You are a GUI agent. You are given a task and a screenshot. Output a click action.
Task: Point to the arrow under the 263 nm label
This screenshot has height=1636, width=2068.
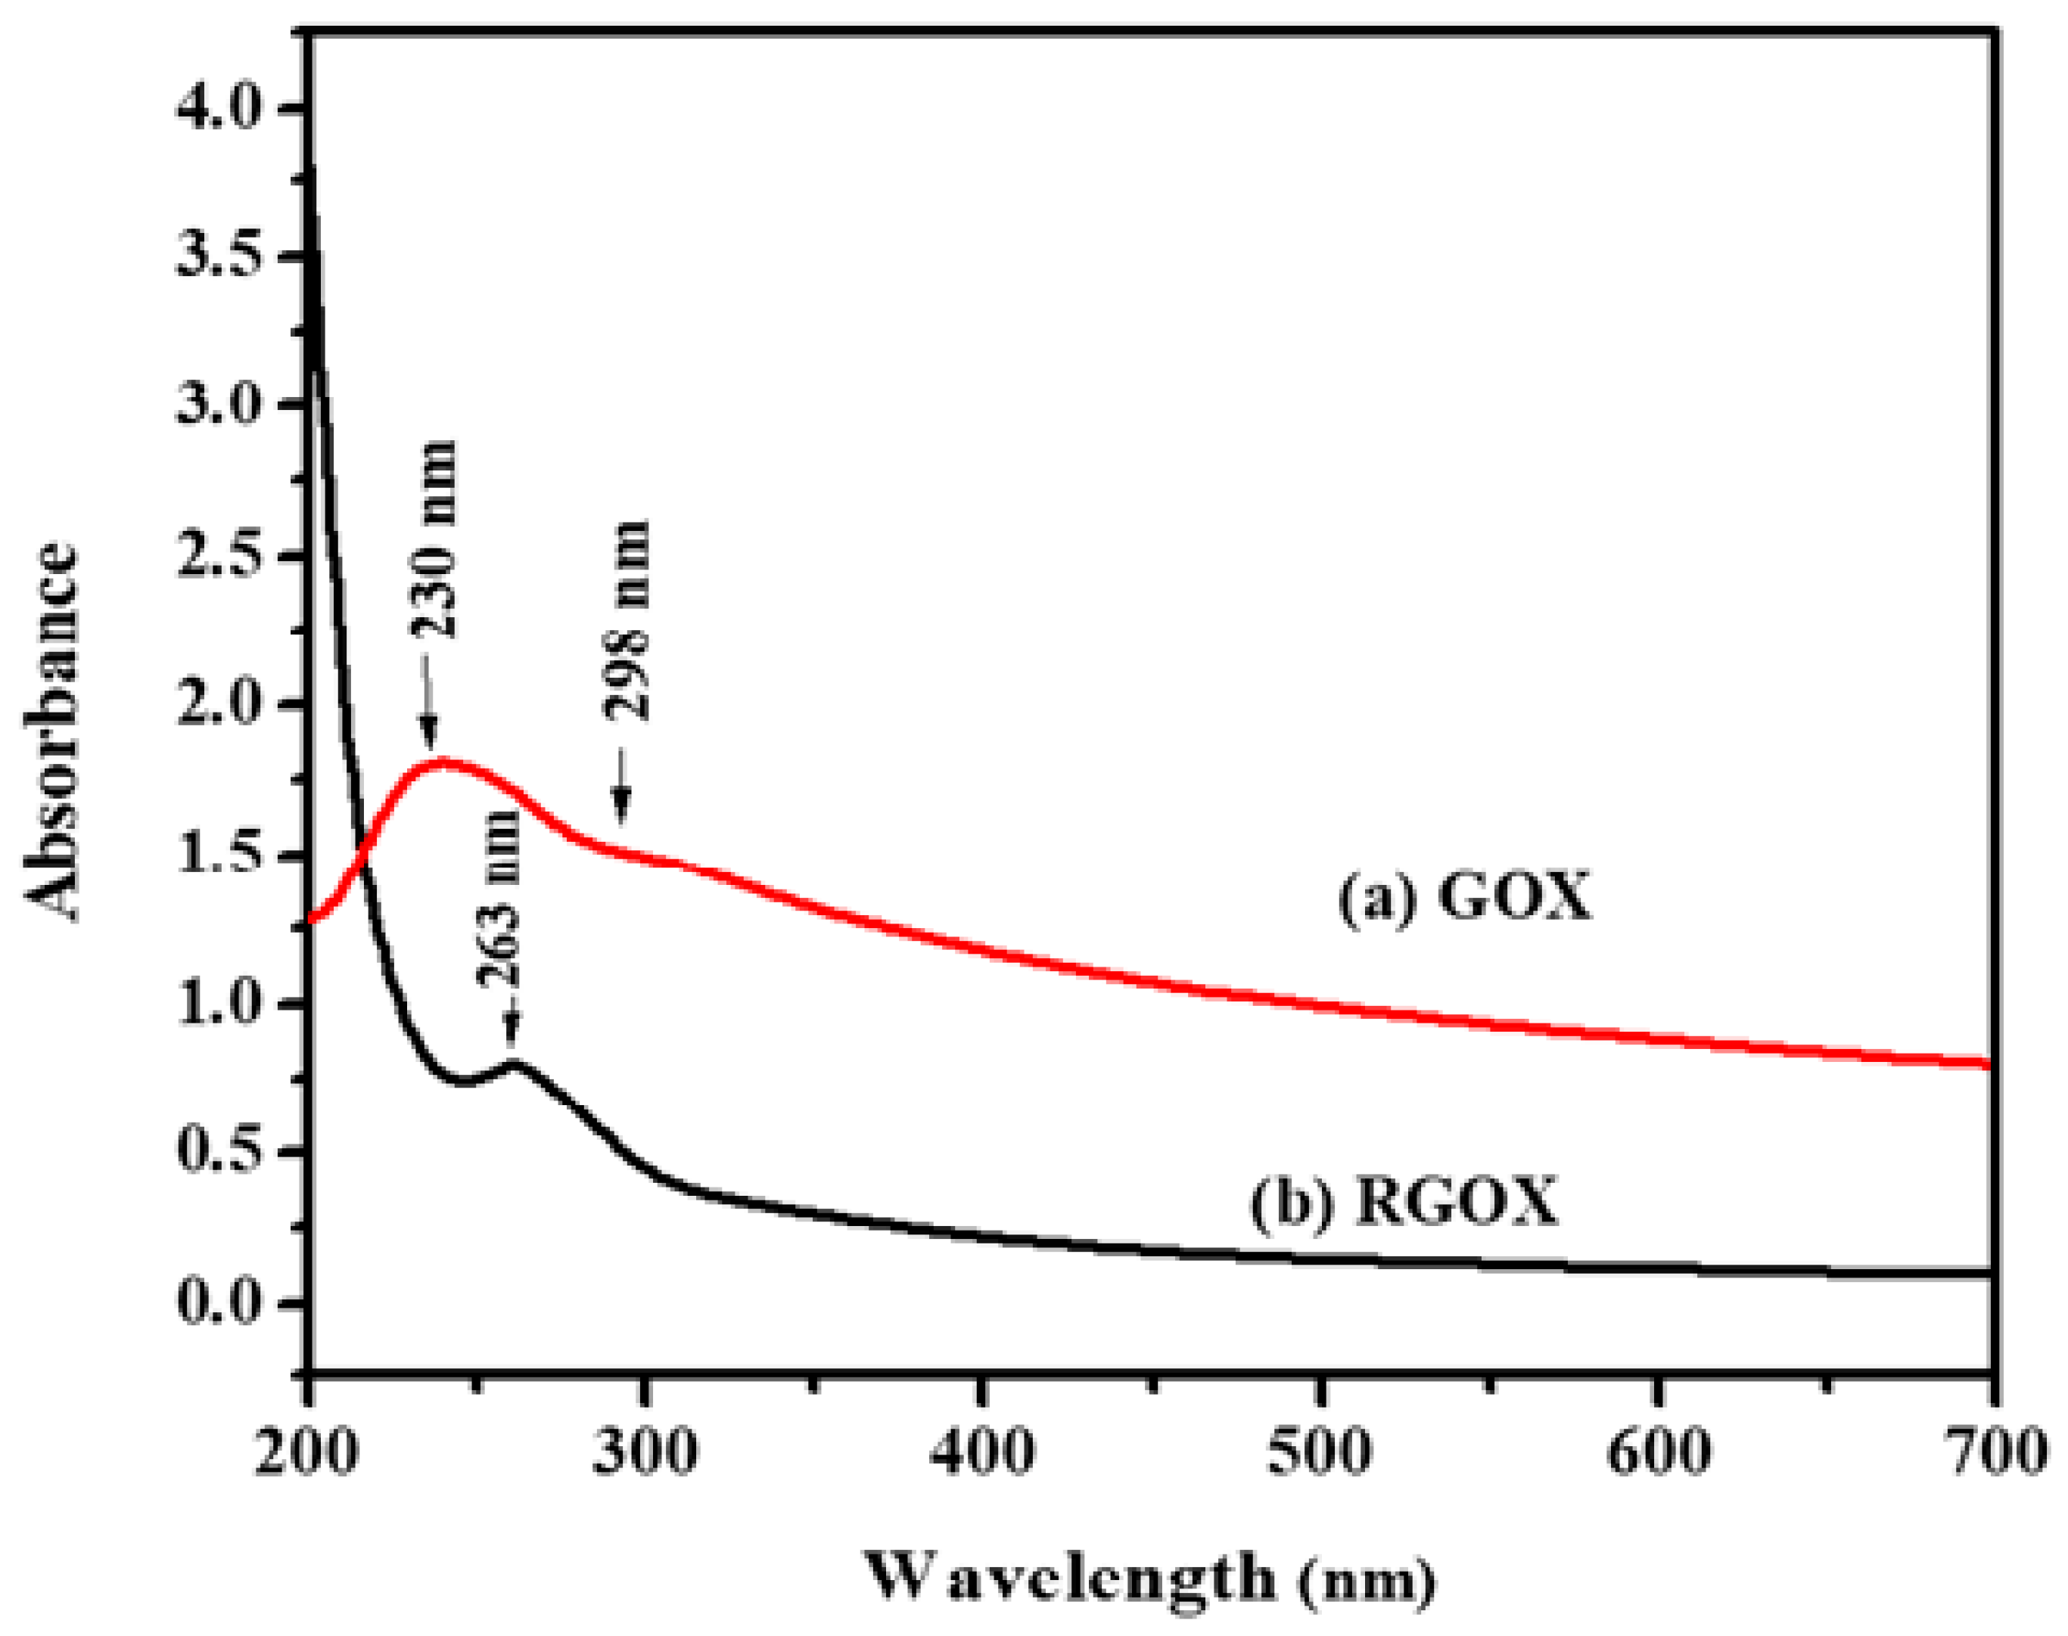[512, 1029]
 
